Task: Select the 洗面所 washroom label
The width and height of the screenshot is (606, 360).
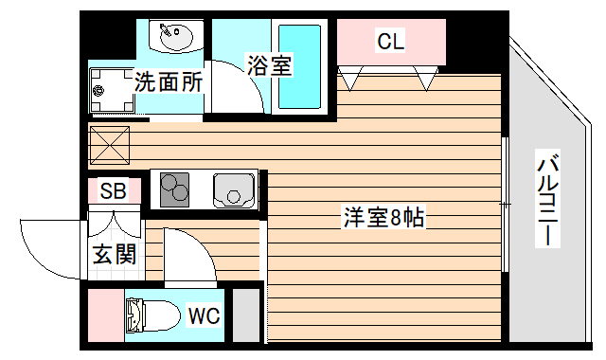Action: click(x=168, y=81)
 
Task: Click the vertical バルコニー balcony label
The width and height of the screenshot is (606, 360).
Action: click(x=546, y=199)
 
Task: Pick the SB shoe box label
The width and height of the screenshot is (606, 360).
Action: click(x=114, y=191)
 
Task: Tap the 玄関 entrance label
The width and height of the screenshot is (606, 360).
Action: click(x=114, y=254)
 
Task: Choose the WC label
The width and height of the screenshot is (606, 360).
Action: click(x=204, y=315)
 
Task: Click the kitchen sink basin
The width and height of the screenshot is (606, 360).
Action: click(x=233, y=189)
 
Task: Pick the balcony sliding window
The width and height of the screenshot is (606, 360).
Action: click(x=505, y=204)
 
